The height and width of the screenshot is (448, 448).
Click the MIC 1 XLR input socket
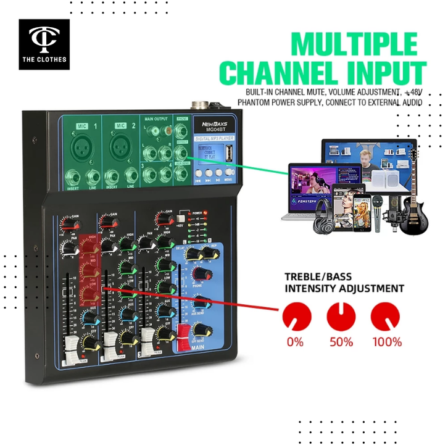click(x=81, y=147)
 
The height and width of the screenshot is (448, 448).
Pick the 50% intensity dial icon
click(x=340, y=315)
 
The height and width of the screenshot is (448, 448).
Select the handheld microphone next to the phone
click(x=378, y=213)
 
